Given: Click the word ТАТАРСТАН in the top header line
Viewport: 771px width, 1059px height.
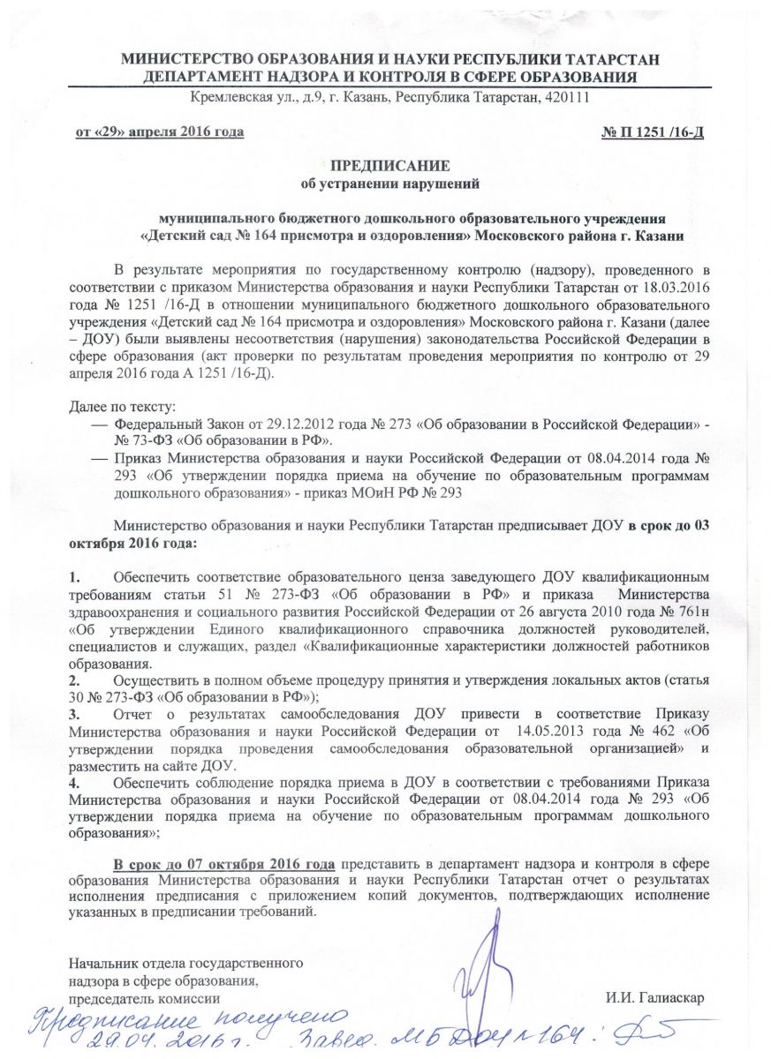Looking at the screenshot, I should [x=608, y=60].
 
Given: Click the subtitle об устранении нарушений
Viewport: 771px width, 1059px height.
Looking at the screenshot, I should [x=389, y=184].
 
